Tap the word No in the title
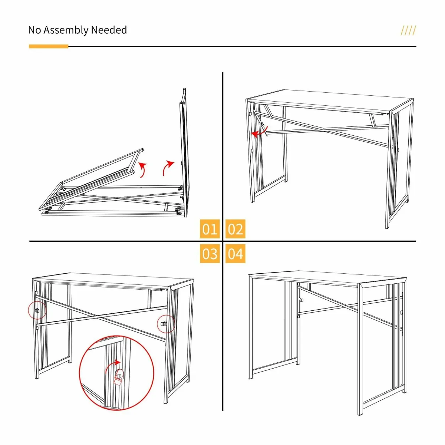tap(34, 30)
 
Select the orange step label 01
tap(210, 229)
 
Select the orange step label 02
tap(235, 229)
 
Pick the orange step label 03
tap(210, 254)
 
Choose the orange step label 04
tap(235, 254)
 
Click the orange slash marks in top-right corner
tap(408, 30)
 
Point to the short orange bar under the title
tap(49, 46)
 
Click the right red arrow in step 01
tap(168, 168)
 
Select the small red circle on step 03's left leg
tap(37, 310)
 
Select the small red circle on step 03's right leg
tap(166, 324)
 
